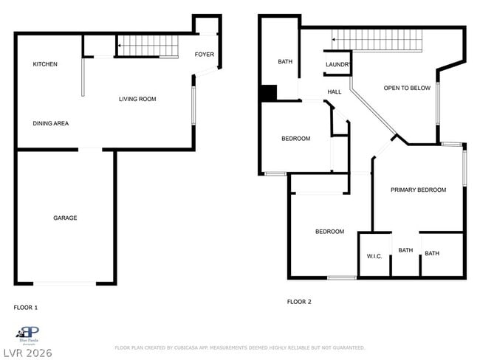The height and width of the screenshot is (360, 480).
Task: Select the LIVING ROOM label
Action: click(137, 99)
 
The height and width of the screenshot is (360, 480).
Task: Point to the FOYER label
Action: click(205, 55)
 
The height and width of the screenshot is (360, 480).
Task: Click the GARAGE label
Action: click(65, 218)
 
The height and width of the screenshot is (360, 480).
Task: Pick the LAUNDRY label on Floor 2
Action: click(337, 65)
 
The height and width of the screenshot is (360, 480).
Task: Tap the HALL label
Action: click(335, 91)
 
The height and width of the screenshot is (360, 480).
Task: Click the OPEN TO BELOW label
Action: click(407, 88)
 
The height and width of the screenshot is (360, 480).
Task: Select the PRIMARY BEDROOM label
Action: click(418, 190)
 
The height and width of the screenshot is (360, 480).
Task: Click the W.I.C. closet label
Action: click(374, 256)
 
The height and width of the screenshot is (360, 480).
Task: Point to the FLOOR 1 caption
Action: click(26, 307)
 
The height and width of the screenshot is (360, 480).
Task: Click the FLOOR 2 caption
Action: click(299, 302)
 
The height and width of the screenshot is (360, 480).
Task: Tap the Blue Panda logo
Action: click(28, 334)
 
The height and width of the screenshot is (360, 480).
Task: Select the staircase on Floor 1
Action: click(148, 48)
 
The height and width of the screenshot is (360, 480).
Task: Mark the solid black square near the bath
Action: click(268, 94)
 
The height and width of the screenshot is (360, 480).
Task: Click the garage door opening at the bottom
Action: click(65, 283)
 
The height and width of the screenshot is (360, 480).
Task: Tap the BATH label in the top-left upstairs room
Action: click(285, 62)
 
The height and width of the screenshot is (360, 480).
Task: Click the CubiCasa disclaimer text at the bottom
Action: click(239, 347)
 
